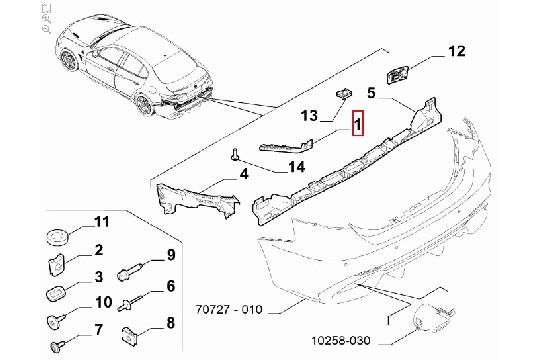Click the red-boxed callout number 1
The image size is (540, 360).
point(355,125)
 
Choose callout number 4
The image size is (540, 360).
point(242,176)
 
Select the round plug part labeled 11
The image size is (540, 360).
point(56,237)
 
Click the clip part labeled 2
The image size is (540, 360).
point(56,266)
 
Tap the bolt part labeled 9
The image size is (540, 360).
point(132,269)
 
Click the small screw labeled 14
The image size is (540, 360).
point(232,155)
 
